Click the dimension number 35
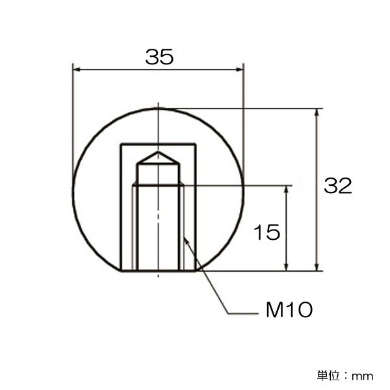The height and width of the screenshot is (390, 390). point(159,57)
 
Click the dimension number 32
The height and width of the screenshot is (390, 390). point(338,185)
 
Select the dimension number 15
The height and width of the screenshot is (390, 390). point(266,232)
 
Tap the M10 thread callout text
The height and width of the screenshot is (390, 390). point(289,310)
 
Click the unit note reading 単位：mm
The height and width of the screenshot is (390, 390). point(345,376)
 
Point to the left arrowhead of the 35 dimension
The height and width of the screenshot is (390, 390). point(77,70)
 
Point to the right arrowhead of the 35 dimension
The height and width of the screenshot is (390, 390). point(239,70)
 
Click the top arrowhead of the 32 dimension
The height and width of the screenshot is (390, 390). point(317,112)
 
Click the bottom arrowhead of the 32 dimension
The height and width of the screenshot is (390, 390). point(317,267)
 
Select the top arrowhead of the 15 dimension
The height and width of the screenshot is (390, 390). point(286,189)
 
